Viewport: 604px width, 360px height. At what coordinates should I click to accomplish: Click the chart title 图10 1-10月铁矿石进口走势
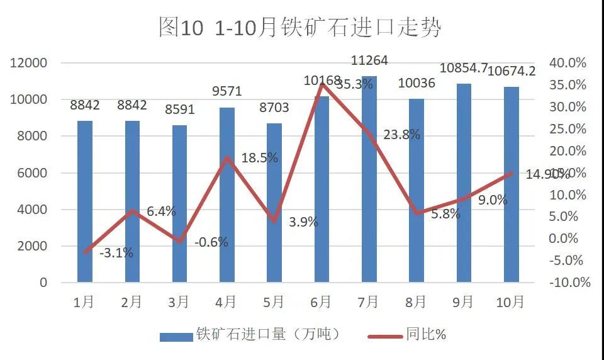(301, 27)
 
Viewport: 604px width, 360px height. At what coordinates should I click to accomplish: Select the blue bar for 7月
(369, 179)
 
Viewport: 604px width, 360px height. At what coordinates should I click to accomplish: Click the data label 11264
(369, 61)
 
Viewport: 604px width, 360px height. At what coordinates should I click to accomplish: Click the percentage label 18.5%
(259, 158)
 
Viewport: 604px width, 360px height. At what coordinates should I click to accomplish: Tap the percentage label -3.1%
(116, 253)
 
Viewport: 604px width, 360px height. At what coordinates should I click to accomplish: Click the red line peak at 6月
(322, 84)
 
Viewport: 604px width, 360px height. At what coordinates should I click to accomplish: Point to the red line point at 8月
(417, 213)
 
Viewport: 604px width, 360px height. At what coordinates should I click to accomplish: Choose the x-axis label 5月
(273, 302)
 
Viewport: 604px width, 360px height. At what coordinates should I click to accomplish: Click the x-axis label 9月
(463, 302)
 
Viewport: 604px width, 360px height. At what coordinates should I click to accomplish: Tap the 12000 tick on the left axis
(31, 63)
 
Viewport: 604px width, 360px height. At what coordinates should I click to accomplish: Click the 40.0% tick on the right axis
(567, 63)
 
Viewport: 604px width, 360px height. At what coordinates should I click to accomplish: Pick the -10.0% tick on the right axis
(569, 283)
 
